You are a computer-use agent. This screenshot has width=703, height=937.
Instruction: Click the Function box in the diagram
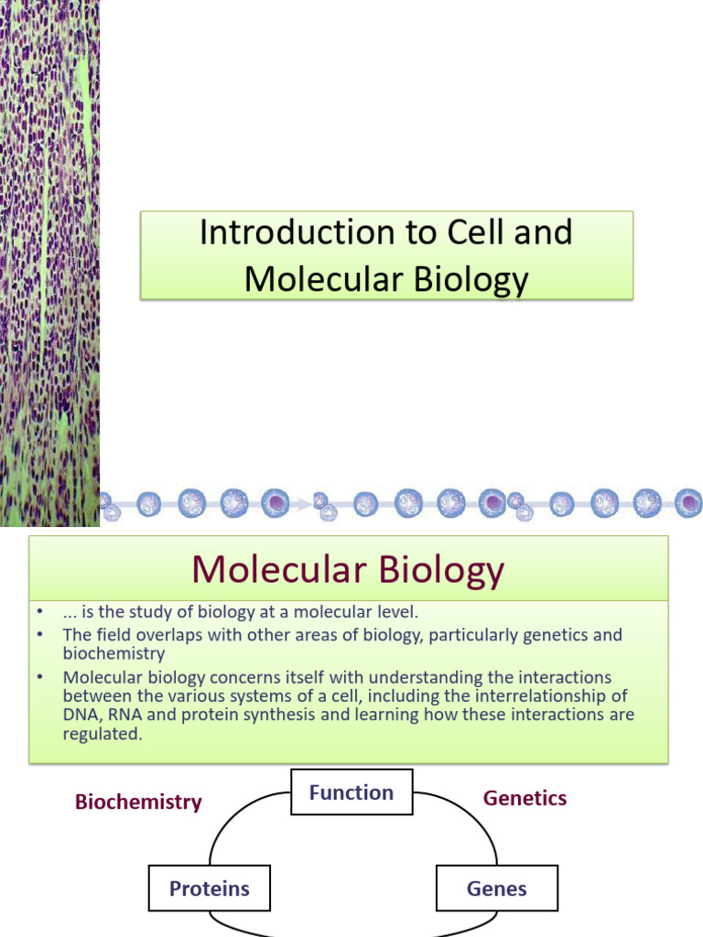(351, 792)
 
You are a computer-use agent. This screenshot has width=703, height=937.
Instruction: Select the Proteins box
(210, 889)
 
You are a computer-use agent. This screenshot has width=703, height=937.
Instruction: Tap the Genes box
(497, 889)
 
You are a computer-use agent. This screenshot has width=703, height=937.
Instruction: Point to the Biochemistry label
(138, 802)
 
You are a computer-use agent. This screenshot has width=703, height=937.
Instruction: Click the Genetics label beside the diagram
(525, 798)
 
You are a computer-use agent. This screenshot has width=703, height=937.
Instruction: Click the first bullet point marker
(39, 612)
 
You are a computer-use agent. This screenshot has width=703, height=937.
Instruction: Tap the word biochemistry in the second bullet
(114, 654)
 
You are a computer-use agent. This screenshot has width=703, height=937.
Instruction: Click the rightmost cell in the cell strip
(688, 501)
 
